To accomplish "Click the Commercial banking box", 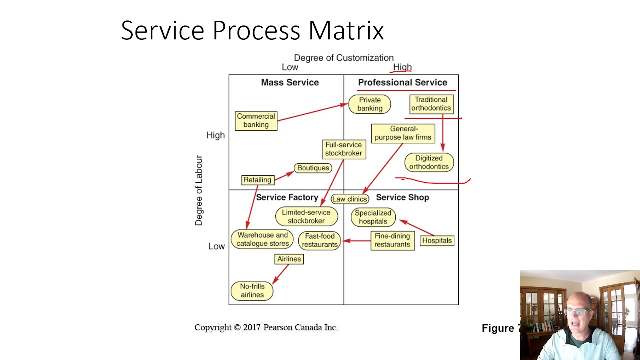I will point(256,121).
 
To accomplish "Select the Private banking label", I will point(370,104).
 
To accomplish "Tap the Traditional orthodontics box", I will point(431,104).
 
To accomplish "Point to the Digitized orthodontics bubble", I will point(429,163).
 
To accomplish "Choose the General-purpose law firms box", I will point(403,133).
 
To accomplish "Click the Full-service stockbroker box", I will point(343,149).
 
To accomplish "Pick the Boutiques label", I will point(313,168).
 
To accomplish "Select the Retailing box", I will point(257,180).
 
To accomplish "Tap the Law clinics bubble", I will point(349,199).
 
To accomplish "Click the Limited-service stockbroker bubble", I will point(306,217).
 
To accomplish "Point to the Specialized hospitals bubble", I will point(373,217).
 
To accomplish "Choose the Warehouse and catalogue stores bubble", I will point(262,239).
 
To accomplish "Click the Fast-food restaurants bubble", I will point(320,240).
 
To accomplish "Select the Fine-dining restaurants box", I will point(392,240).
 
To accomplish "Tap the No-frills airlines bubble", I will point(252,291).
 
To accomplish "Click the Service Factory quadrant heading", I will point(287,198).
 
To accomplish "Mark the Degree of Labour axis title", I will point(199,190).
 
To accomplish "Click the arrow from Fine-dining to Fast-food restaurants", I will point(357,241).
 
